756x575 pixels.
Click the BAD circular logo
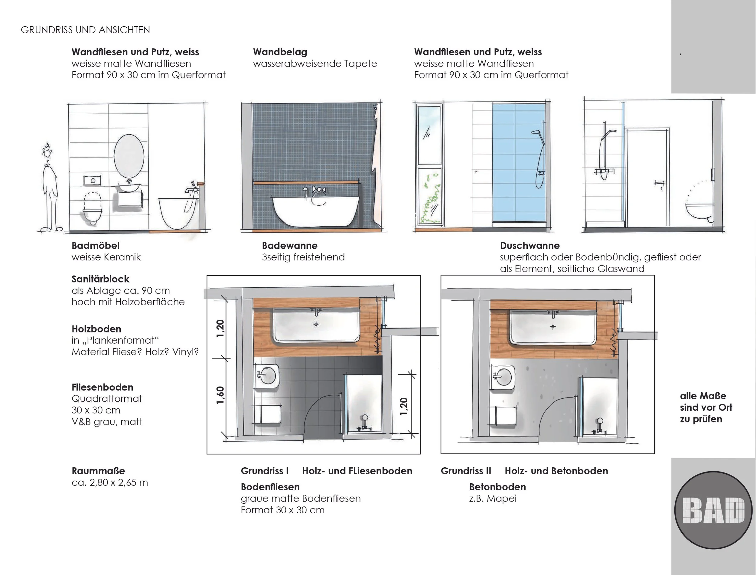[x=714, y=510]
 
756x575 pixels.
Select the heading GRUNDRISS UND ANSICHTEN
[x=85, y=30]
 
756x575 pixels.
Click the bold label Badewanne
[x=289, y=245]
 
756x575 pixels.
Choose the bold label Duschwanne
[x=530, y=245]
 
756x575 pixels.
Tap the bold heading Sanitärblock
[x=100, y=279]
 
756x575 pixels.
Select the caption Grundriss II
[x=466, y=471]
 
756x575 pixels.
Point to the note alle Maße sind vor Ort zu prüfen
[x=706, y=407]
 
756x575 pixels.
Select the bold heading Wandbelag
[x=280, y=52]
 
